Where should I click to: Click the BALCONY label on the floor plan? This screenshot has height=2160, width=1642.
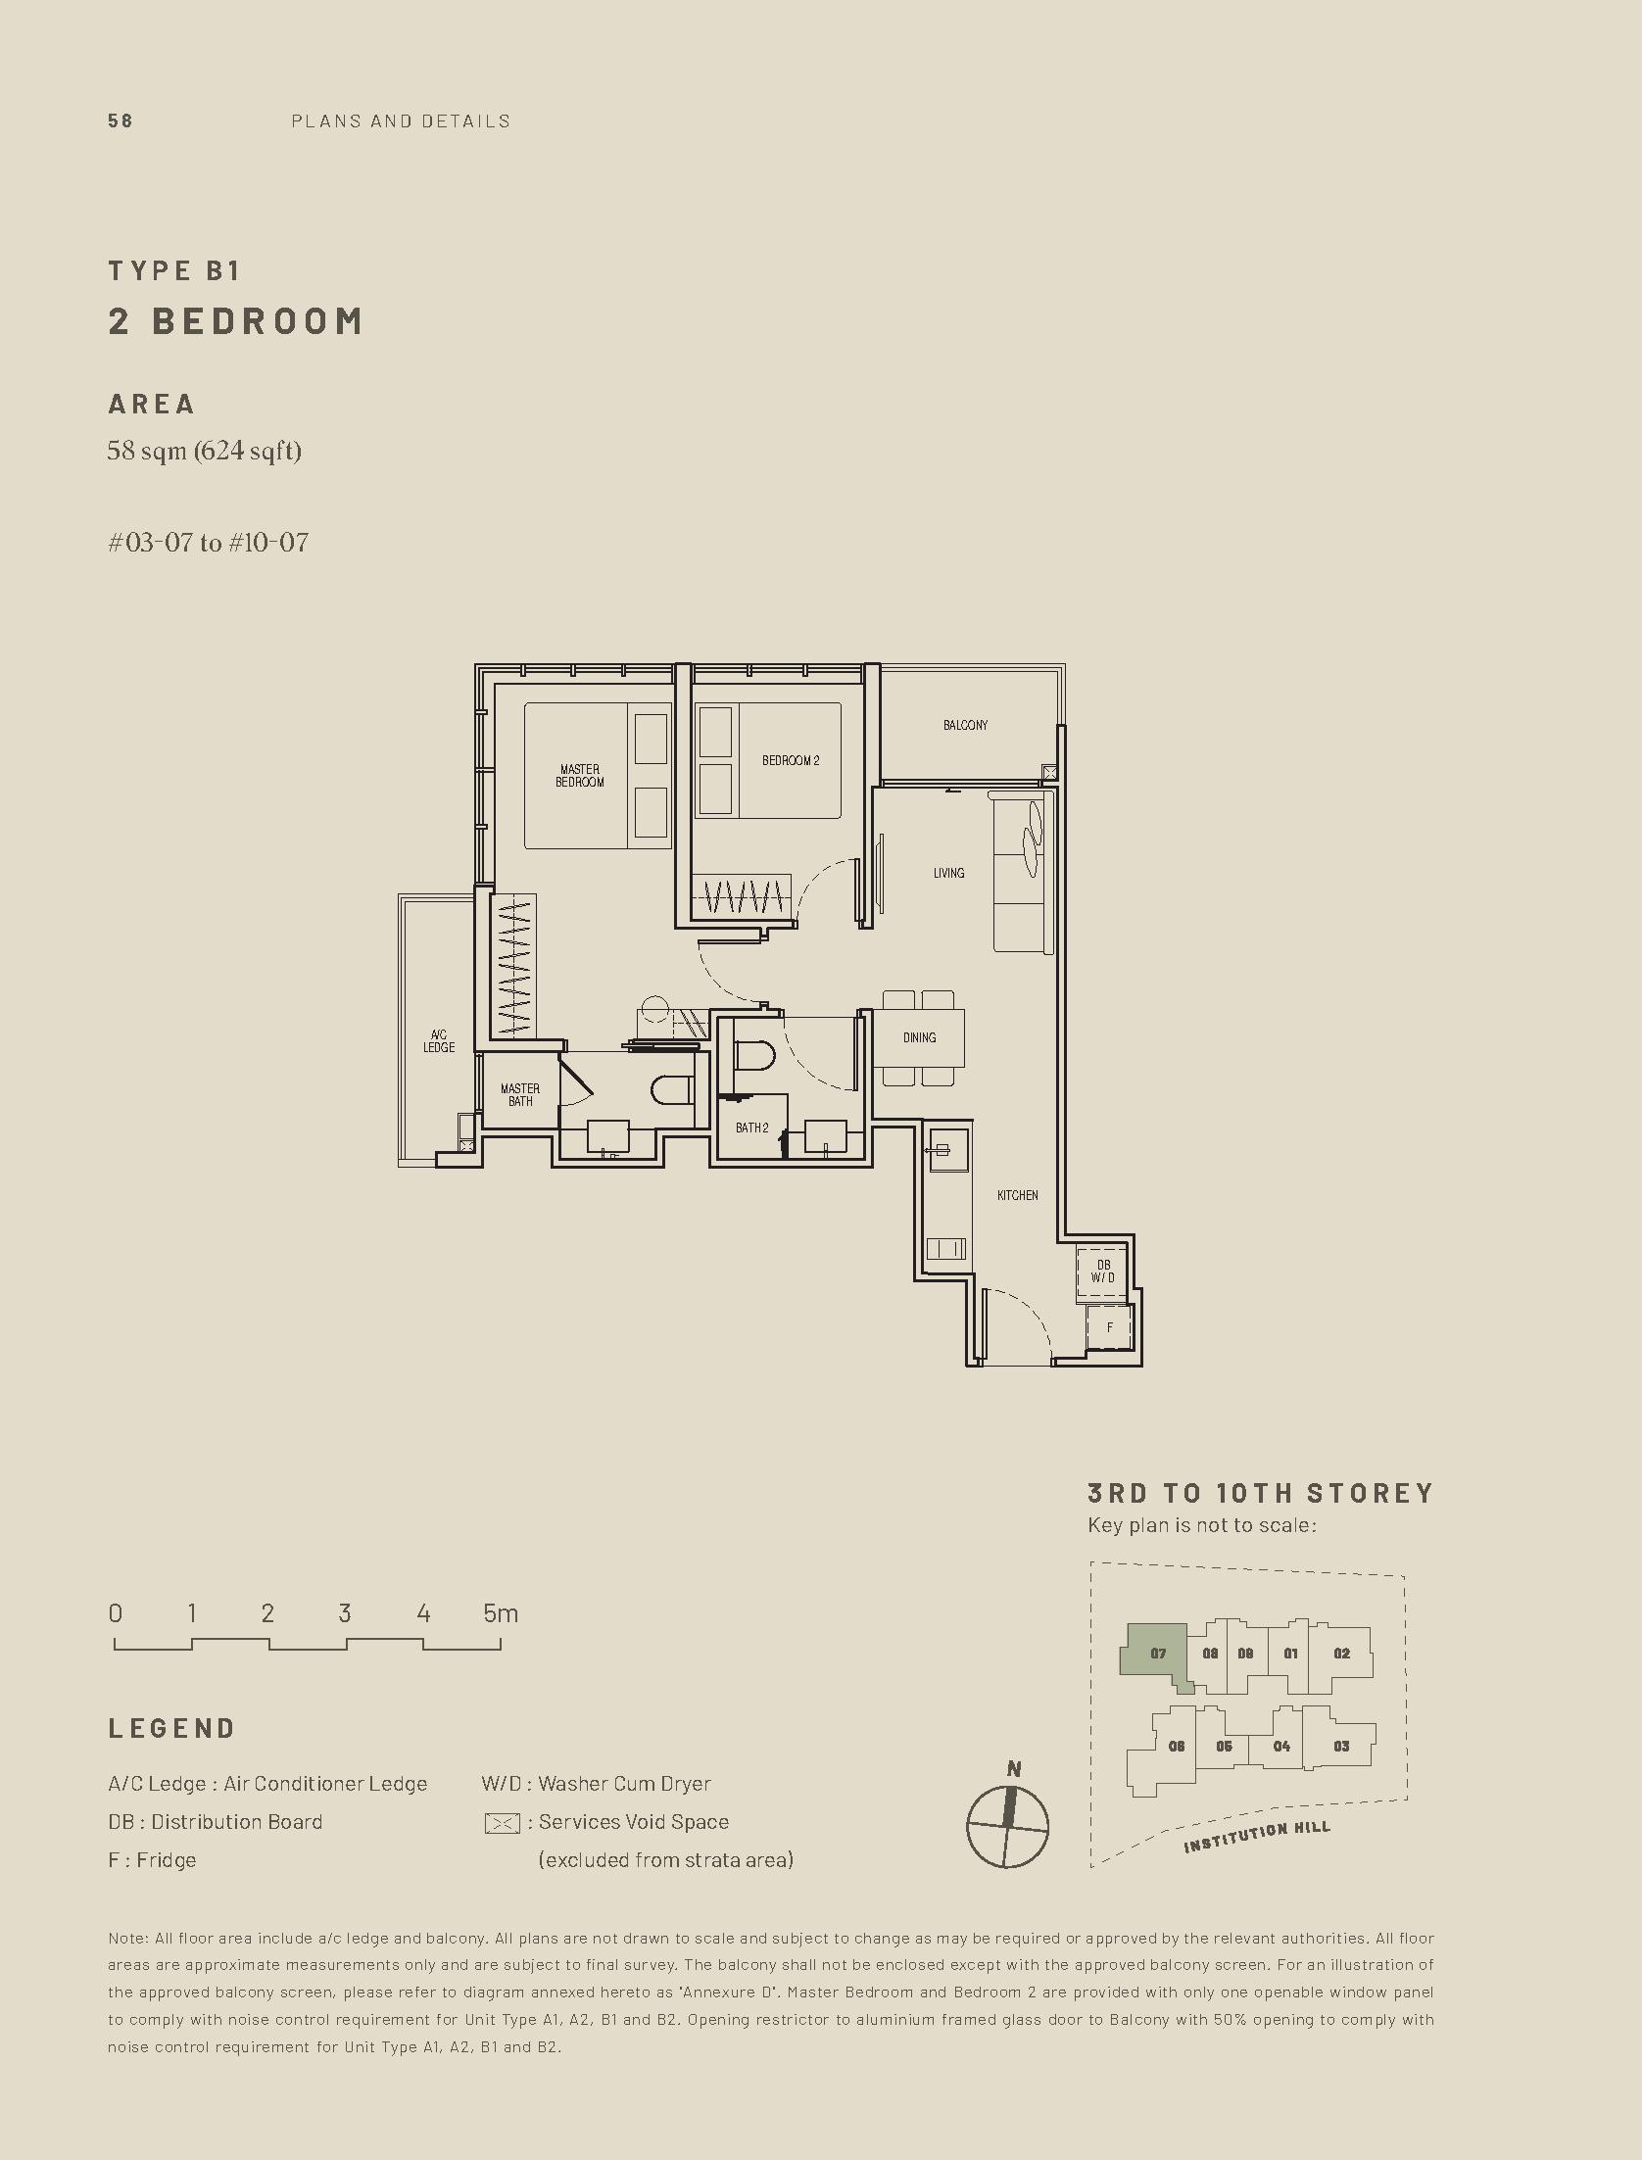click(x=965, y=725)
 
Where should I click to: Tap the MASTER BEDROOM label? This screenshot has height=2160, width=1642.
click(x=580, y=776)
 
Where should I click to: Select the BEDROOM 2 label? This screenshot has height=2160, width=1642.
click(x=791, y=760)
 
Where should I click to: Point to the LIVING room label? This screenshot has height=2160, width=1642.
click(x=948, y=873)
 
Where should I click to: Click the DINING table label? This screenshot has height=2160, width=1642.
click(x=919, y=1037)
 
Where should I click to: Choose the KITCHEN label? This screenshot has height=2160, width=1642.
click(x=1018, y=1195)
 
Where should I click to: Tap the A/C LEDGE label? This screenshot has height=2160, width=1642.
click(x=439, y=1041)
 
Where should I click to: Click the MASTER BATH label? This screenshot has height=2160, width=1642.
click(x=520, y=1095)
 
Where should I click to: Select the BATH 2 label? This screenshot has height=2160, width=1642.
click(x=752, y=1128)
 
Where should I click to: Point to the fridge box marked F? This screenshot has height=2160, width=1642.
click(x=1110, y=1328)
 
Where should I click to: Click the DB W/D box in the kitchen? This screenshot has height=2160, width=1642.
click(x=1103, y=1272)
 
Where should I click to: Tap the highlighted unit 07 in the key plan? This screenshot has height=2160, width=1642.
click(x=1156, y=1655)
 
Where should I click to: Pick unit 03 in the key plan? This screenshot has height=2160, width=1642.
click(x=1341, y=1746)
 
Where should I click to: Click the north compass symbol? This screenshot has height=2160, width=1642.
click(x=1007, y=1826)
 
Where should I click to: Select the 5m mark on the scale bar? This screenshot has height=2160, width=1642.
click(x=501, y=1613)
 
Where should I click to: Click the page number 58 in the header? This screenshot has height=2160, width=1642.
click(x=121, y=121)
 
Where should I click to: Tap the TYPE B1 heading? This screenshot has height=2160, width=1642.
click(x=174, y=270)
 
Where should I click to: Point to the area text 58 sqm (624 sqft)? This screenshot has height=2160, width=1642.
click(x=205, y=451)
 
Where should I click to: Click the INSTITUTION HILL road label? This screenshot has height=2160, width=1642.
click(x=1257, y=1837)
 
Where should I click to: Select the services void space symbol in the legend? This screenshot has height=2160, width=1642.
click(x=502, y=1823)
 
